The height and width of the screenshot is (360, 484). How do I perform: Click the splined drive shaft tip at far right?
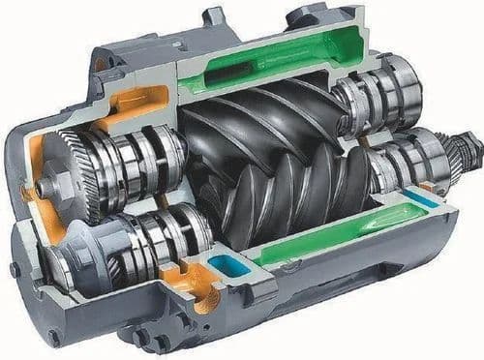pyautogui.click(x=470, y=147)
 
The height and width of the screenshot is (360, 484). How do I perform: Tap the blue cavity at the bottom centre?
pyautogui.click(x=224, y=266)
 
